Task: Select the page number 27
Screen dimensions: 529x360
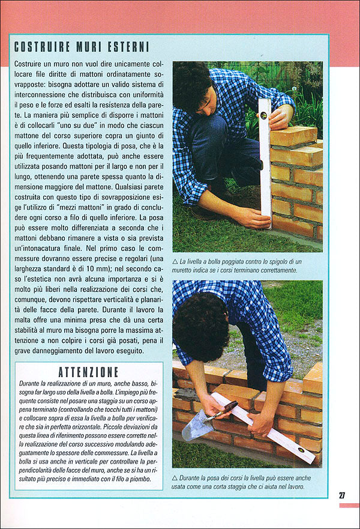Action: click(x=342, y=495)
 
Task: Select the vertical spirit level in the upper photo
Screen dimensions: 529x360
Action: click(x=265, y=162)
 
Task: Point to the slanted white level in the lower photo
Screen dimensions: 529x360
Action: click(x=264, y=428)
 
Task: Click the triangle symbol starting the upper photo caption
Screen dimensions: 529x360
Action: click(x=175, y=262)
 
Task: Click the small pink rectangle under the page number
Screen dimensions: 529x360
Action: click(x=349, y=506)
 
